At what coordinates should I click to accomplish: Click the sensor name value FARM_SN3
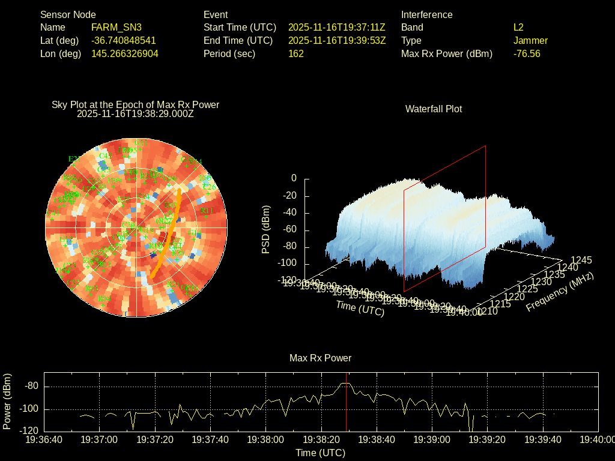point(116,27)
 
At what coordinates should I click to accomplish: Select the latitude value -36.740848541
point(123,40)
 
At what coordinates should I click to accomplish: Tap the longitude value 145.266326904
point(124,53)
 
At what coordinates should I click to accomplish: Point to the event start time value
point(336,27)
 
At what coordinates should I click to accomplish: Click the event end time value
point(336,40)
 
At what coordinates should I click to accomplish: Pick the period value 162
point(296,53)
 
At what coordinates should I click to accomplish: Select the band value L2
point(518,27)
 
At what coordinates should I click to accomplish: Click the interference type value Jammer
point(530,40)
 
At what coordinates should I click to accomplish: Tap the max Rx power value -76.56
point(527,53)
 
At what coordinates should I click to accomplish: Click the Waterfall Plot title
point(434,109)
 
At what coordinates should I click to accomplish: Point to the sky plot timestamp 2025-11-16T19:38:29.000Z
point(135,113)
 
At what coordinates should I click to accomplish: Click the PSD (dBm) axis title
point(266,229)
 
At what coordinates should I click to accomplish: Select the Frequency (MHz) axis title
point(560,292)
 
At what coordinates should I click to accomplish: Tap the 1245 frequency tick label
point(581,260)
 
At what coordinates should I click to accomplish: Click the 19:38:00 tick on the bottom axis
point(266,440)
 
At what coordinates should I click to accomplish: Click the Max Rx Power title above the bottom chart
point(320,358)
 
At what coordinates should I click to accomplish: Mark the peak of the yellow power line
point(345,383)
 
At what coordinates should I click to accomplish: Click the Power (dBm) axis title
point(7,401)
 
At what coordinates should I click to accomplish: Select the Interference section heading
point(426,14)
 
